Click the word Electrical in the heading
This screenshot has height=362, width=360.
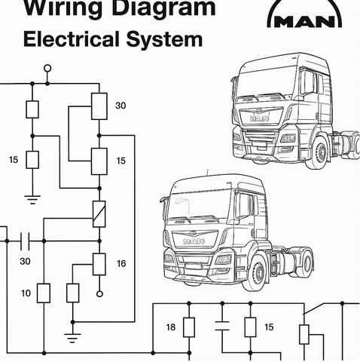tap(72, 39)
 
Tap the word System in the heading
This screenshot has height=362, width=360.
tap(164, 40)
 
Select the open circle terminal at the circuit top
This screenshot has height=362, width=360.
tap(47, 68)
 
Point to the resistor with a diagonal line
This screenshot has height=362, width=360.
tap(99, 214)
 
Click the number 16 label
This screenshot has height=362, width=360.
tap(121, 263)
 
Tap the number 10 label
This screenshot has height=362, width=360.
tap(26, 293)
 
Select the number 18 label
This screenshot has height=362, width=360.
tap(171, 327)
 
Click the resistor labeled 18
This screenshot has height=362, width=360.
tap(189, 327)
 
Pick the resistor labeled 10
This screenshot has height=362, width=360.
tap(44, 293)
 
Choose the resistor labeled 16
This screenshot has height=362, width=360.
tap(99, 264)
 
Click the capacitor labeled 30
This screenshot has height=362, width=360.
tap(25, 241)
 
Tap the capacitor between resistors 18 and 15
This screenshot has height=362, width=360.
tap(222, 326)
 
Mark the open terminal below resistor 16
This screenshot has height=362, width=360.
tap(99, 293)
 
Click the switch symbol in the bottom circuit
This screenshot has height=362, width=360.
tap(314, 308)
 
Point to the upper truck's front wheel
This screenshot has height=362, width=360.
tap(319, 152)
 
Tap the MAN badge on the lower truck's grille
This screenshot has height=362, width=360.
tap(194, 241)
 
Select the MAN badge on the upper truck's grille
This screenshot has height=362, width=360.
tap(260, 118)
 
